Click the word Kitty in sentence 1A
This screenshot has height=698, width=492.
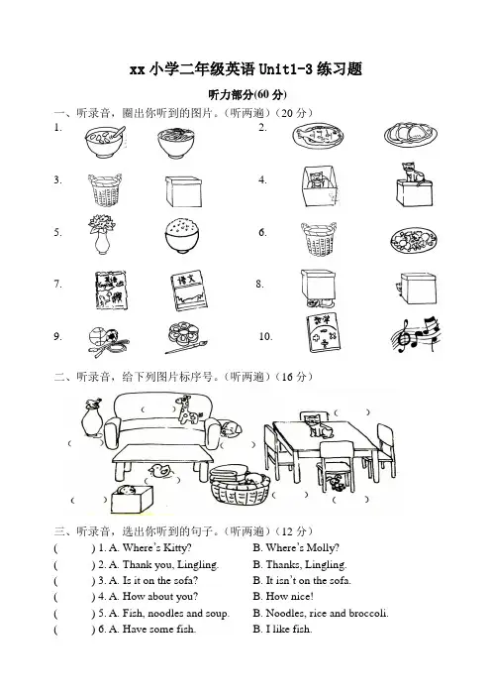176,547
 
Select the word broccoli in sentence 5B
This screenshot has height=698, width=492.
367,613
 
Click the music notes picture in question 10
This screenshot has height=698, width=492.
417,334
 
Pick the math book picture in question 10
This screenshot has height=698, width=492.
323,331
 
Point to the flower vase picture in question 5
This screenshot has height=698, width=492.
102,234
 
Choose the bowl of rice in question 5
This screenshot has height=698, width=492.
182,236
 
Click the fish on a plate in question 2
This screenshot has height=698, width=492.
318,136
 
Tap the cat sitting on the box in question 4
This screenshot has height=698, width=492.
414,185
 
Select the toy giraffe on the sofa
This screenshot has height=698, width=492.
188,409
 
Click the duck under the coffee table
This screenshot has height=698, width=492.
159,471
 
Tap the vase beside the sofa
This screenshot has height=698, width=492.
92,417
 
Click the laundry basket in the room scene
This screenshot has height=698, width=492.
240,485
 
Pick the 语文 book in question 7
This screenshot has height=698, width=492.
189,291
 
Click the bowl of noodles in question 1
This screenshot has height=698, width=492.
176,143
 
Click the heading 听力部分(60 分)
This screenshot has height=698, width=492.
247,94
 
